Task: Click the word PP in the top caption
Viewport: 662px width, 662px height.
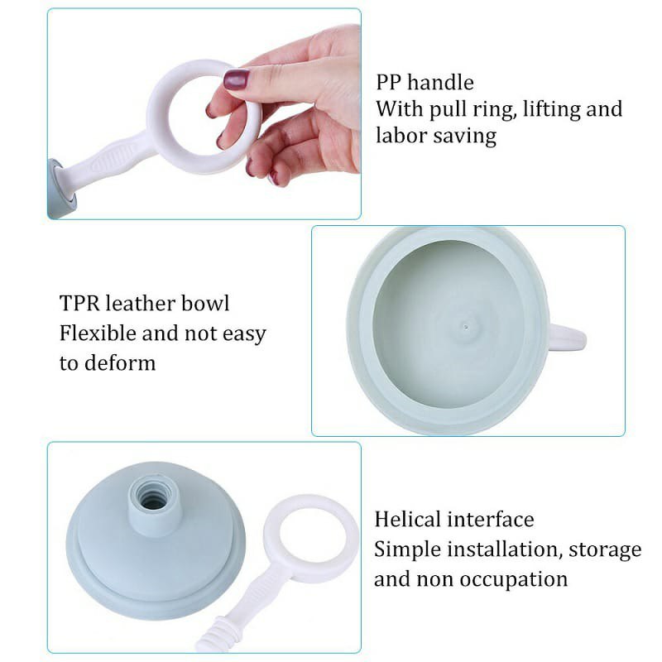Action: pyautogui.click(x=389, y=82)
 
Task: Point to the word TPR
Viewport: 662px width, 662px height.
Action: pyautogui.click(x=79, y=303)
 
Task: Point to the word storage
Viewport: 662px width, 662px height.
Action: pyautogui.click(x=605, y=550)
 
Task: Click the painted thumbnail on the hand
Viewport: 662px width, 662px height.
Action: pyautogui.click(x=236, y=79)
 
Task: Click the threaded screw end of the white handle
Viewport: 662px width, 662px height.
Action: pyautogui.click(x=212, y=638)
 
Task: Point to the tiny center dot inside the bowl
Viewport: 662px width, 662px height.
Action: pyautogui.click(x=466, y=326)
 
